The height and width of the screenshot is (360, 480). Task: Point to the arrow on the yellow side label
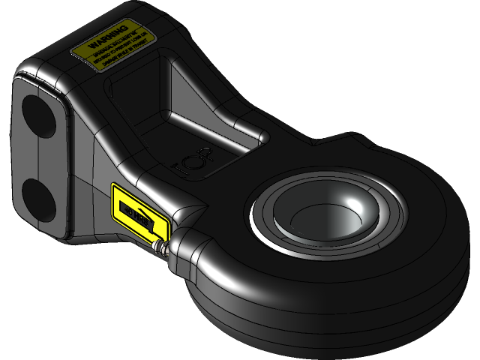coord(146,219)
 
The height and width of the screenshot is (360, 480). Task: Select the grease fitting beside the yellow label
coord(160,247)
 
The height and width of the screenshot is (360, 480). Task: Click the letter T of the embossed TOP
coord(178,163)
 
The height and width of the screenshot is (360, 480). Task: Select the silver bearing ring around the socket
coord(262,225)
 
